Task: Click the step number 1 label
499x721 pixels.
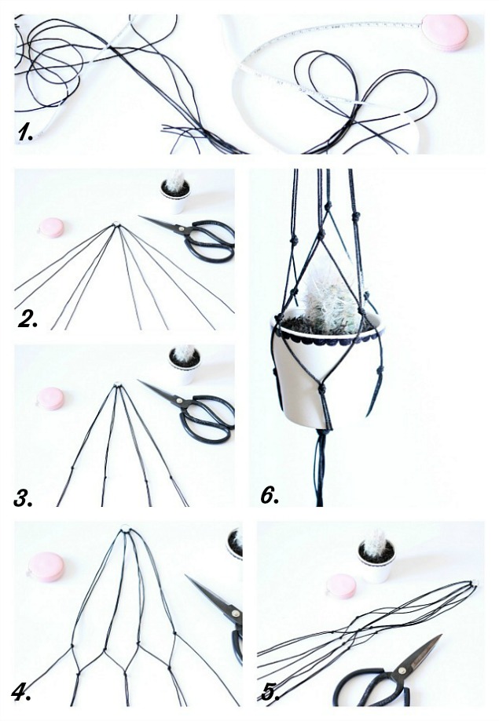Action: (26, 133)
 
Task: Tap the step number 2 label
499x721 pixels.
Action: (28, 317)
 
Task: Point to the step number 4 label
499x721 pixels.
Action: (22, 691)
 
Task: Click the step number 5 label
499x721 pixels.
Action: (270, 691)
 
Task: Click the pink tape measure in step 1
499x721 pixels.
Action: (445, 32)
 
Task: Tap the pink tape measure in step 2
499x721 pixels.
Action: (52, 228)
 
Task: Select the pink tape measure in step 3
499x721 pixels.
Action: (51, 398)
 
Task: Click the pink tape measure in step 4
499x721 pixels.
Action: (46, 566)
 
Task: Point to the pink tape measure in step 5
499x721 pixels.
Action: (342, 585)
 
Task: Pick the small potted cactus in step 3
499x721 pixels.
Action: (185, 363)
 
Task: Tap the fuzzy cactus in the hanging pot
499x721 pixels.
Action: (331, 299)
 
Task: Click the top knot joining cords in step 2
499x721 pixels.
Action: (117, 226)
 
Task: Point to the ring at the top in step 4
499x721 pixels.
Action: (126, 532)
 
